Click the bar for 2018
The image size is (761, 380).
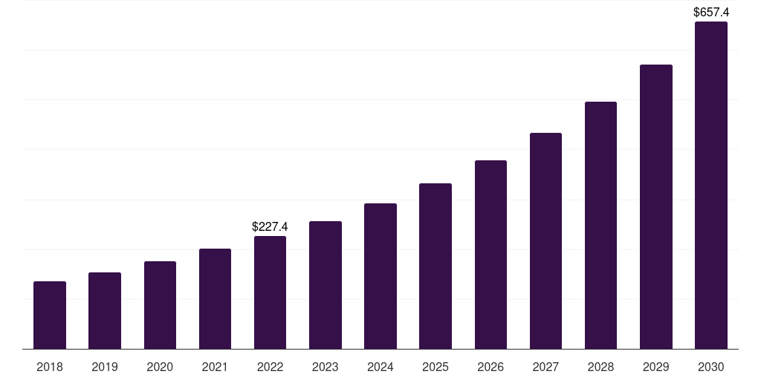click(x=50, y=315)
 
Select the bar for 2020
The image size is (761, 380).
click(x=160, y=305)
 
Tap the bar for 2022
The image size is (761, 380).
click(x=270, y=292)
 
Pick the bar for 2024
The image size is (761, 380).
click(x=380, y=276)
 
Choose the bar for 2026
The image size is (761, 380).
click(x=490, y=255)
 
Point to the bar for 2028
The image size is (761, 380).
click(x=600, y=226)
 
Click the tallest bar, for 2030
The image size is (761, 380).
click(x=711, y=186)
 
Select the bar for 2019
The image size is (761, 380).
click(x=105, y=311)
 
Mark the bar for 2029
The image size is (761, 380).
click(x=656, y=207)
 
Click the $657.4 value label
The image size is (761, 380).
click(x=711, y=12)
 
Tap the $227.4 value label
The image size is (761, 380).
click(x=270, y=226)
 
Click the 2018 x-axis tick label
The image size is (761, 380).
click(x=50, y=367)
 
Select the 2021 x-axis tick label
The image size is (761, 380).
click(x=215, y=367)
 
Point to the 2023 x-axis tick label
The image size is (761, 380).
click(x=326, y=367)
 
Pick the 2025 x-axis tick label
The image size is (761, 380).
click(x=435, y=367)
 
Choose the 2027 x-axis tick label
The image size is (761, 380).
click(x=545, y=367)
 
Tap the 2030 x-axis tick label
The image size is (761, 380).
click(x=711, y=367)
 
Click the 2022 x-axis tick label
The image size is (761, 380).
click(x=270, y=367)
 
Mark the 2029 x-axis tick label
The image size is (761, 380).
click(x=656, y=367)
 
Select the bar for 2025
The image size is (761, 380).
click(x=435, y=266)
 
